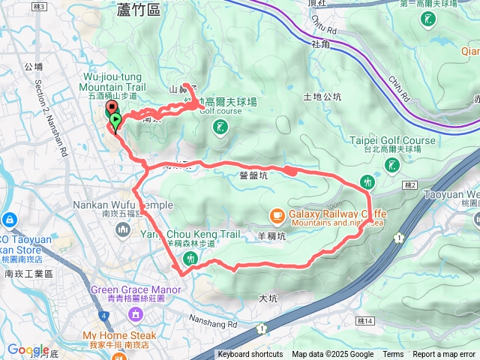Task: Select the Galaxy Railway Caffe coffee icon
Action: coord(277,217)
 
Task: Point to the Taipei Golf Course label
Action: coord(392,140)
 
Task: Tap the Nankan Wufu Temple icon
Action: coord(122,229)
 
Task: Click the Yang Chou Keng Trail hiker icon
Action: coord(189,258)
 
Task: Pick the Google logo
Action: coord(28,349)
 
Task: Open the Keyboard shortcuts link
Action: coord(250,355)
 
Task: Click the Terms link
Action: coord(393,355)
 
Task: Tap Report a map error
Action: coord(445,355)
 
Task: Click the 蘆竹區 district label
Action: coord(139,10)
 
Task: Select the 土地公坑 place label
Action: coord(322,97)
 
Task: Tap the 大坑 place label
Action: coord(268,298)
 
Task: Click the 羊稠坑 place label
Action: coord(271,235)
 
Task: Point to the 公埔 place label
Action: coord(33,66)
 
